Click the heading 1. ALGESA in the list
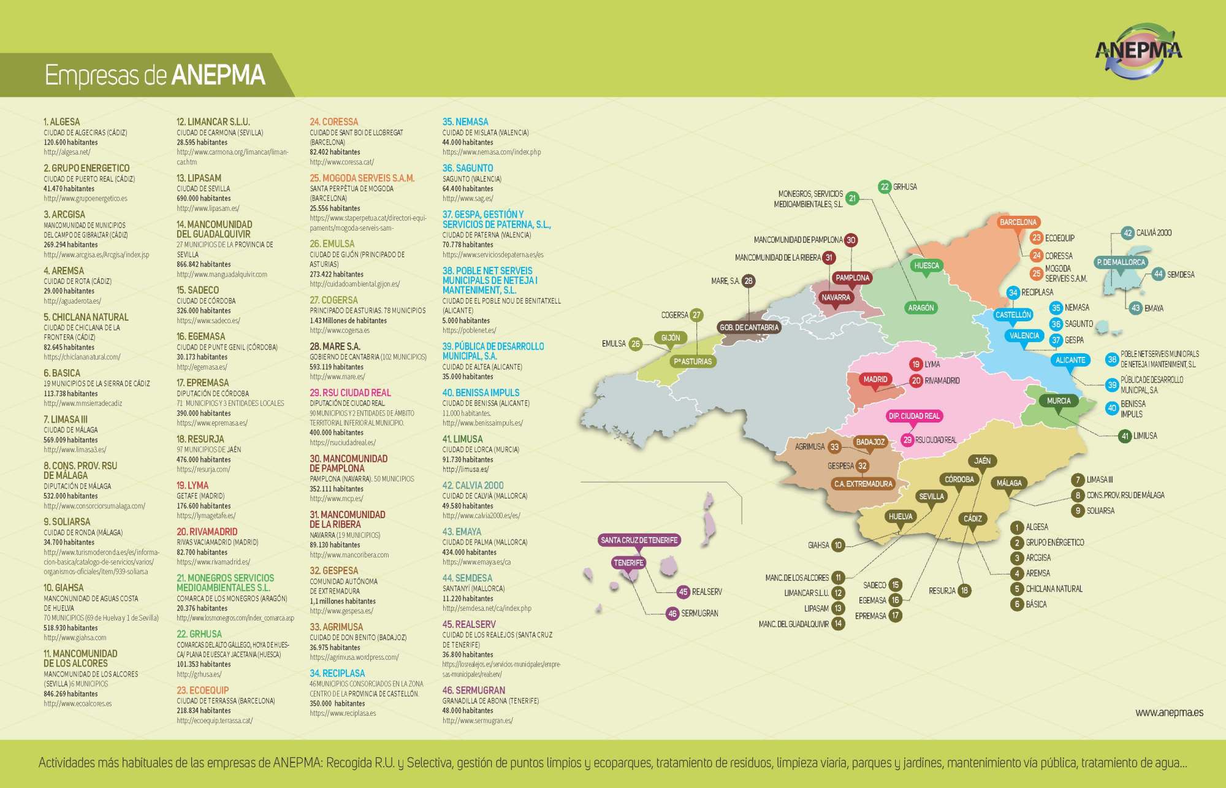[x=62, y=122]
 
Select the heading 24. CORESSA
[x=334, y=122]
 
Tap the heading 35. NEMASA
[x=465, y=122]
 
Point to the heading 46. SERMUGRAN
[x=474, y=690]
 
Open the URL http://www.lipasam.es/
[x=208, y=208]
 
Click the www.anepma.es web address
[x=1169, y=713]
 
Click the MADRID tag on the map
[x=875, y=380]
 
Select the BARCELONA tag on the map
[x=1018, y=222]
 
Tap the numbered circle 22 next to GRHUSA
[x=885, y=187]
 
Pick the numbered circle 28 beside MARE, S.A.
[x=748, y=281]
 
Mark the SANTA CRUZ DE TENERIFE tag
[x=639, y=540]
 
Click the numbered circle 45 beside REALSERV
[x=683, y=592]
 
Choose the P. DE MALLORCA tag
[x=1121, y=262]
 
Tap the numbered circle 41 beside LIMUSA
[x=1125, y=436]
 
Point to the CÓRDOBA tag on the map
[x=959, y=480]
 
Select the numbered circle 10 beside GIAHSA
[x=838, y=545]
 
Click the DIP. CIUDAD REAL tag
[x=914, y=416]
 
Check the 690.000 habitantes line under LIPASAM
[x=204, y=199]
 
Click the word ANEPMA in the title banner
[x=218, y=75]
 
